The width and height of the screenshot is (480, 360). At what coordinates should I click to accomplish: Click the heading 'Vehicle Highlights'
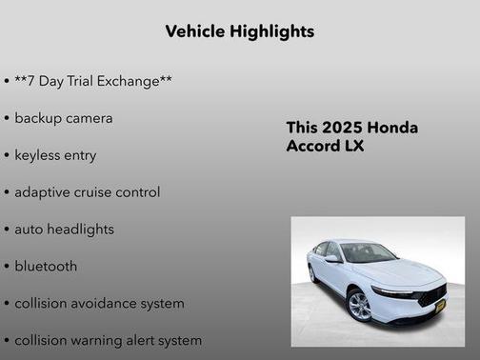[x=239, y=31]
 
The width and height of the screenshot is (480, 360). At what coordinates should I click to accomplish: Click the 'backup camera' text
[x=64, y=118]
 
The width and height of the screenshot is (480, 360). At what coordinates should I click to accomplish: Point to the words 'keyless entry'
[x=55, y=155]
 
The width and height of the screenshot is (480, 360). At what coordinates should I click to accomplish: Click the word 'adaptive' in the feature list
[x=43, y=192]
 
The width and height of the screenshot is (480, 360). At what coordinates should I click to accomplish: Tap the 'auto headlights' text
[x=64, y=230]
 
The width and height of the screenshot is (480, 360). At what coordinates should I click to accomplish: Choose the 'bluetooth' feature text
[x=46, y=267]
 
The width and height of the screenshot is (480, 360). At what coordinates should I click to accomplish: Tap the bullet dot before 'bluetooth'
[x=7, y=267]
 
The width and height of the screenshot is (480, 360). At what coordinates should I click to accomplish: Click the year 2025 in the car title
[x=342, y=128]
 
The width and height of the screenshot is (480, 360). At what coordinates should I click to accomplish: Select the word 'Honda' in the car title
[x=392, y=128]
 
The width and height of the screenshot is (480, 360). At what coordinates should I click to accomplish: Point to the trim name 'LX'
[x=350, y=147]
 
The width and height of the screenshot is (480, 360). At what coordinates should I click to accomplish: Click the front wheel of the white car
[x=359, y=306]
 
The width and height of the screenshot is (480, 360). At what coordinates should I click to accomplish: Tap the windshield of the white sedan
[x=369, y=253]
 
